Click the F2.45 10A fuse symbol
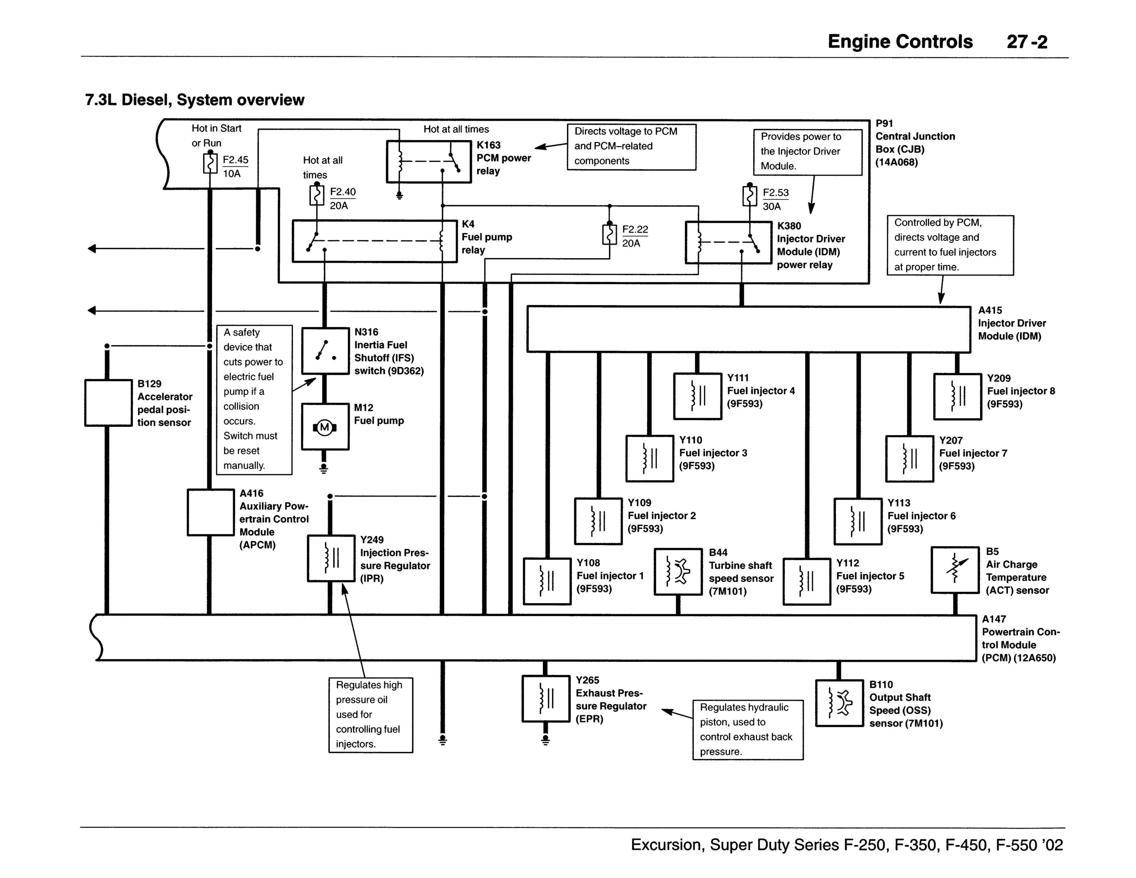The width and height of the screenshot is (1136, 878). point(210,163)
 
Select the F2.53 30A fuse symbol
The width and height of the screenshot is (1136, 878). point(750,196)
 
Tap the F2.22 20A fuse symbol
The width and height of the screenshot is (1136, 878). point(610,234)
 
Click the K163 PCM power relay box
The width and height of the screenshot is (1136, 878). point(429,162)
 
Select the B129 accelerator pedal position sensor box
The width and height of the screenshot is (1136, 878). point(108,403)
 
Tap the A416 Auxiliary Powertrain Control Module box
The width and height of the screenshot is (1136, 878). point(211,512)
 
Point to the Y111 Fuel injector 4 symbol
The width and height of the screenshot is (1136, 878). point(697,396)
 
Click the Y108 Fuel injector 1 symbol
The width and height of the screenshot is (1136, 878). point(547,582)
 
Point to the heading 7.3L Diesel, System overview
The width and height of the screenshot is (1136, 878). point(194,100)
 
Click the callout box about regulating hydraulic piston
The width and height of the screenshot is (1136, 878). point(748,730)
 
